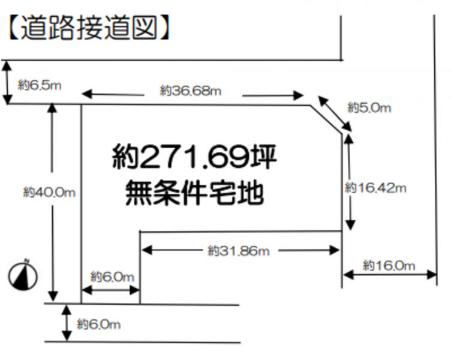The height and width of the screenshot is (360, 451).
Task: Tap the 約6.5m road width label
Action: [39, 86]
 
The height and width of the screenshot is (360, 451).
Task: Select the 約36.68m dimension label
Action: [191, 91]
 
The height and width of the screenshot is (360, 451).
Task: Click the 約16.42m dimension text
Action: [376, 188]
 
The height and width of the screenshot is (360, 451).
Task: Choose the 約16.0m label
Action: [389, 265]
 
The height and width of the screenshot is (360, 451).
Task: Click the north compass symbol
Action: [23, 275]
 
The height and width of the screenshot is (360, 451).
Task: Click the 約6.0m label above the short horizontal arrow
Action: [112, 277]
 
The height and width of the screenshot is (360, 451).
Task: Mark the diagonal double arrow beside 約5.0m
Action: [334, 112]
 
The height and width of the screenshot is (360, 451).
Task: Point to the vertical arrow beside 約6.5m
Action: [7, 82]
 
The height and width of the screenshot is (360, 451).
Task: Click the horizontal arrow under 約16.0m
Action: [389, 275]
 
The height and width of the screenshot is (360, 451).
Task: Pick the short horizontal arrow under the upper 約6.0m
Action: [110, 290]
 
